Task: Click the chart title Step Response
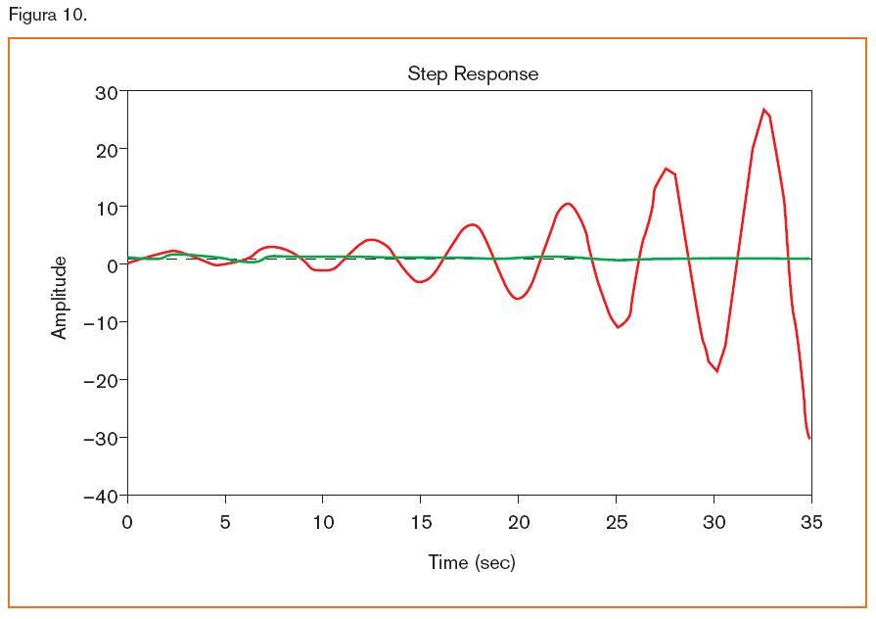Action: pyautogui.click(x=473, y=74)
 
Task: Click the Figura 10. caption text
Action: pyautogui.click(x=47, y=15)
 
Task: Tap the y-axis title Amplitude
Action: pyautogui.click(x=61, y=297)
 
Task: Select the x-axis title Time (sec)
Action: pyautogui.click(x=471, y=562)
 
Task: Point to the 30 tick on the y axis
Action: pyautogui.click(x=106, y=92)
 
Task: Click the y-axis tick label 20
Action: pyautogui.click(x=106, y=150)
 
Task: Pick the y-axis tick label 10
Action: pyautogui.click(x=106, y=208)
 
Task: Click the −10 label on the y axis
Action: pyautogui.click(x=101, y=322)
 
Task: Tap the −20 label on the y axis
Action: pyautogui.click(x=101, y=380)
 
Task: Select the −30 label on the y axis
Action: pyautogui.click(x=101, y=438)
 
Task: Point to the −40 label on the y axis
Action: pyautogui.click(x=101, y=496)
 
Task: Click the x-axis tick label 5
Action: pyautogui.click(x=225, y=523)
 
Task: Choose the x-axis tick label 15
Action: pyautogui.click(x=421, y=523)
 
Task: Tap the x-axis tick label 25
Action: pyautogui.click(x=617, y=523)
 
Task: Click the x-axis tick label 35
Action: pyautogui.click(x=811, y=523)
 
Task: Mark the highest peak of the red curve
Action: pyautogui.click(x=763, y=110)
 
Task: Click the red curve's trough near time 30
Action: pyautogui.click(x=716, y=371)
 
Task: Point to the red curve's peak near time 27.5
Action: pyautogui.click(x=666, y=168)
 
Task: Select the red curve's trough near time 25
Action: pyautogui.click(x=619, y=327)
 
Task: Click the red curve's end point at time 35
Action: pyautogui.click(x=809, y=437)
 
